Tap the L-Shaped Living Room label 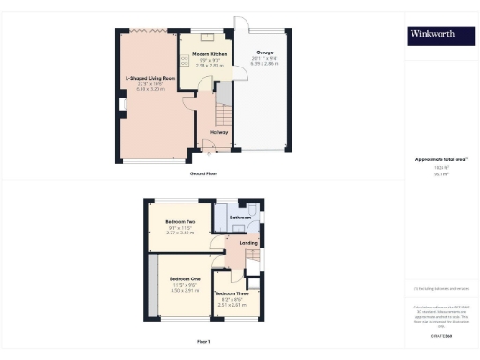click(152, 78)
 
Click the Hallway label click(219, 132)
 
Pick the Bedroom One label click(185, 279)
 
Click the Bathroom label click(241, 217)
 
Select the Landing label click(248, 243)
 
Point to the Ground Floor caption click(203, 174)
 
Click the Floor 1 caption click(203, 341)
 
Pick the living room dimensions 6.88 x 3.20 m click(152, 88)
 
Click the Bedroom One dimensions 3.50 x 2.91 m click(185, 290)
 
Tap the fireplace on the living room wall click(123, 116)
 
